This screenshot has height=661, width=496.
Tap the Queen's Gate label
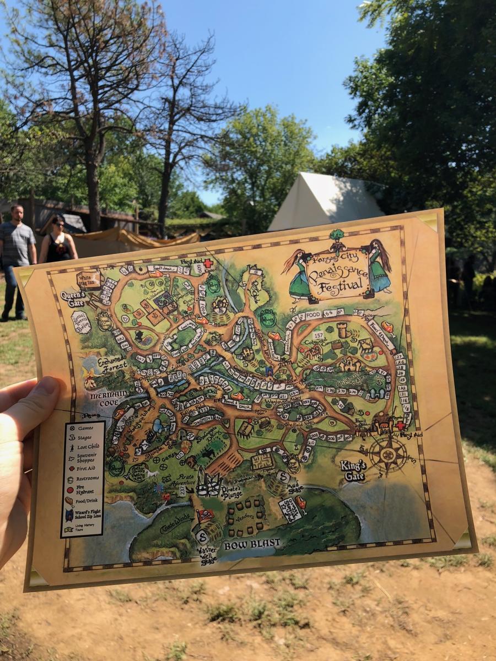[x=74, y=299]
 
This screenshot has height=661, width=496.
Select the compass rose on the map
[x=388, y=454]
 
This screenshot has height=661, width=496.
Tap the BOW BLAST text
[x=252, y=544]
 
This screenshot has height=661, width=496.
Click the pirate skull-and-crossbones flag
[x=204, y=516]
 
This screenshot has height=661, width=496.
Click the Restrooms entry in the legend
[x=87, y=479]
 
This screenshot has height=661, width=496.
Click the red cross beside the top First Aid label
[x=208, y=264]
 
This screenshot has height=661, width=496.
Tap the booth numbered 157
[x=318, y=335]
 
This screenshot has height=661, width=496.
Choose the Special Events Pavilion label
[x=80, y=322]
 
